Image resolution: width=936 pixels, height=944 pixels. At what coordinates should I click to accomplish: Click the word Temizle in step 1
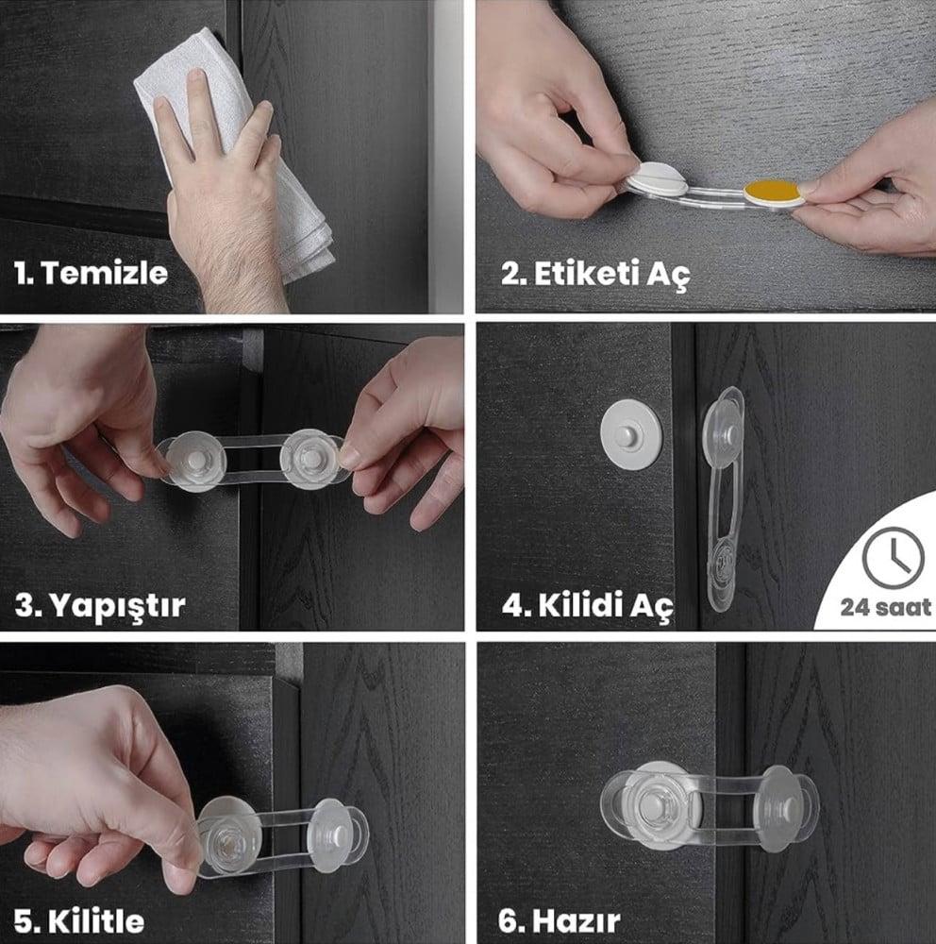[x=105, y=273]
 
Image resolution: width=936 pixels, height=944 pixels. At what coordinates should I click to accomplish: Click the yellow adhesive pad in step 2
[x=772, y=192]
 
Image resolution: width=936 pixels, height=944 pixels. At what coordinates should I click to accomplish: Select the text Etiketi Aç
[x=612, y=275]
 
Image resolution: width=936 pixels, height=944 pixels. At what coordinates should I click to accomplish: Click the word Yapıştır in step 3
[x=117, y=605]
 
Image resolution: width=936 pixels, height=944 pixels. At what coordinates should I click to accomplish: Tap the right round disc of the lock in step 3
[x=311, y=460]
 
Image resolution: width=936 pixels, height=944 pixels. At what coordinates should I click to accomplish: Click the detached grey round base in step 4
[x=631, y=433]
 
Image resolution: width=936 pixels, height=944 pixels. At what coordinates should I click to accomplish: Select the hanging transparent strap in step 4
[x=724, y=499]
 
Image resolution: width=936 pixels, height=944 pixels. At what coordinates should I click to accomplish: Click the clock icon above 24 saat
[x=893, y=558]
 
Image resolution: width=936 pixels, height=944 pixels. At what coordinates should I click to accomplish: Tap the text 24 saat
[x=885, y=607]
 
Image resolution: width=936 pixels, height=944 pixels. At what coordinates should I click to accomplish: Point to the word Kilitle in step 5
[x=96, y=921]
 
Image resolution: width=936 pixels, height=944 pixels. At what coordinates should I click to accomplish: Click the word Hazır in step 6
[x=577, y=921]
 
